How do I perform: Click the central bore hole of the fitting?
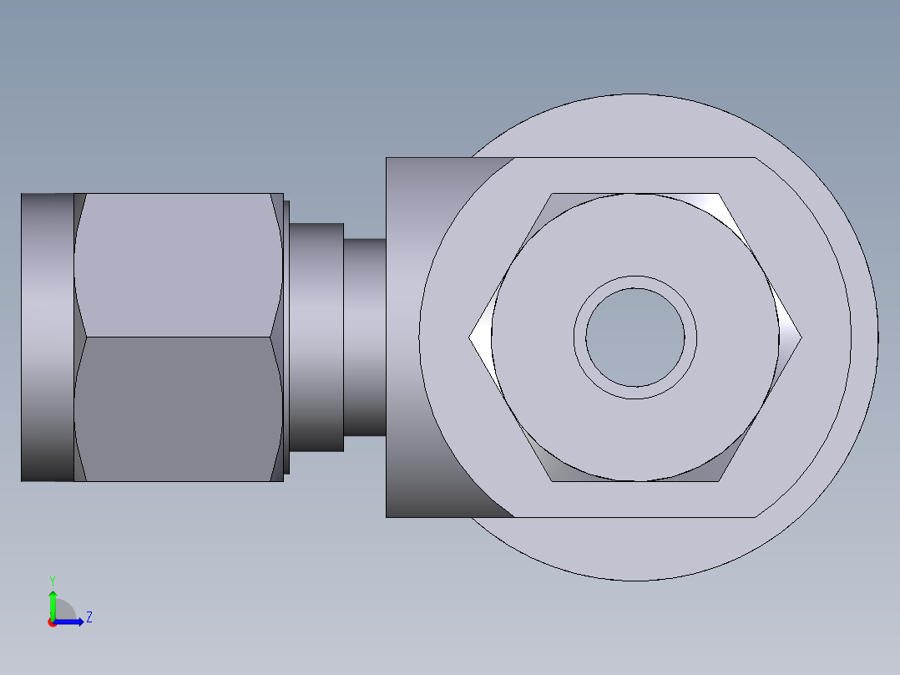click(635, 337)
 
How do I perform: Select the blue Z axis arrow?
click(68, 622)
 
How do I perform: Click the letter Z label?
click(89, 617)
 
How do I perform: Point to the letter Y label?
click(53, 581)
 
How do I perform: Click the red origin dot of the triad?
click(53, 622)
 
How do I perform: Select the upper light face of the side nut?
click(178, 266)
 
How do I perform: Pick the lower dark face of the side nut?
click(178, 409)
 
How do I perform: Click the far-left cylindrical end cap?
click(48, 337)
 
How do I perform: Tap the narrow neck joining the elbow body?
click(365, 337)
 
